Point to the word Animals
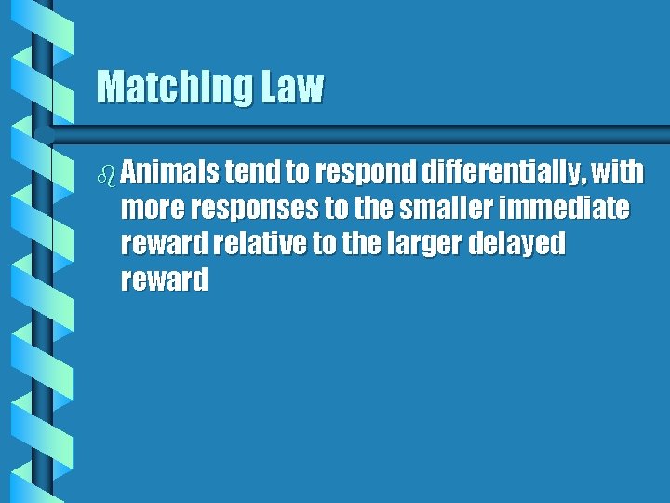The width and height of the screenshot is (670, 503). pyautogui.click(x=167, y=172)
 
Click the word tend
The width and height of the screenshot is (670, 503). pyautogui.click(x=245, y=172)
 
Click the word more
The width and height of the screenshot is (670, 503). pyautogui.click(x=152, y=209)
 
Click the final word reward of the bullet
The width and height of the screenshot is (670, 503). pyautogui.click(x=164, y=280)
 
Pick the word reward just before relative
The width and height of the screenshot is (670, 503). pyautogui.click(x=164, y=245)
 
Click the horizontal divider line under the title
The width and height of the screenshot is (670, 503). pyautogui.click(x=372, y=126)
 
